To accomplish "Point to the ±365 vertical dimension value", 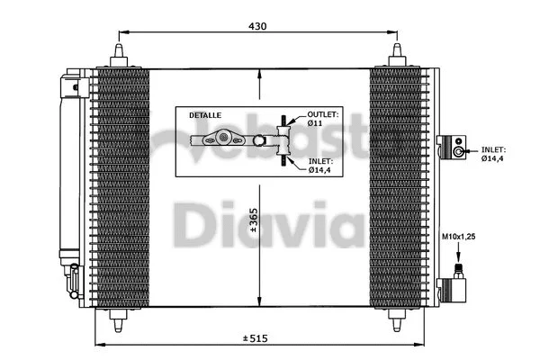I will tap(254, 221).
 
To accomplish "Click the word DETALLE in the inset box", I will tap(204, 117).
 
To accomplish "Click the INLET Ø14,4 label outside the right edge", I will tap(492, 154).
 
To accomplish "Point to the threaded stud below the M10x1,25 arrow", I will tap(458, 271).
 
